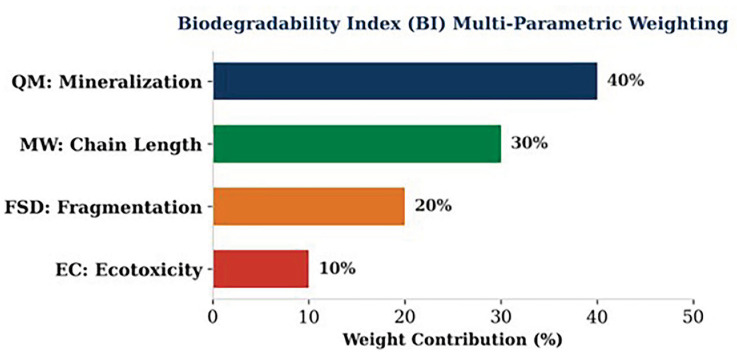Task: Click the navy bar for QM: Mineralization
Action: coord(405,81)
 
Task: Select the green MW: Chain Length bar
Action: coord(357,144)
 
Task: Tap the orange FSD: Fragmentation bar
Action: coord(309,207)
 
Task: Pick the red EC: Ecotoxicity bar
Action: coord(261,269)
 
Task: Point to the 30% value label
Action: coord(529,143)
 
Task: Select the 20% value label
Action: coord(434,206)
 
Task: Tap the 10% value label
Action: coord(338,268)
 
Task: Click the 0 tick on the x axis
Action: coord(213,317)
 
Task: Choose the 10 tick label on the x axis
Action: coord(309,317)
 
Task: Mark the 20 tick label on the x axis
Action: coord(404,317)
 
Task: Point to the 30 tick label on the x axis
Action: coord(501,317)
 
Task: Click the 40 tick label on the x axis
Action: coord(597,317)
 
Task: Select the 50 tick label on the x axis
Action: coord(693,317)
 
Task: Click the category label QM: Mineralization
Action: coord(107,82)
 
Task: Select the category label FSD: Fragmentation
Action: coord(103,207)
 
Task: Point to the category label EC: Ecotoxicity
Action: coord(129,270)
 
